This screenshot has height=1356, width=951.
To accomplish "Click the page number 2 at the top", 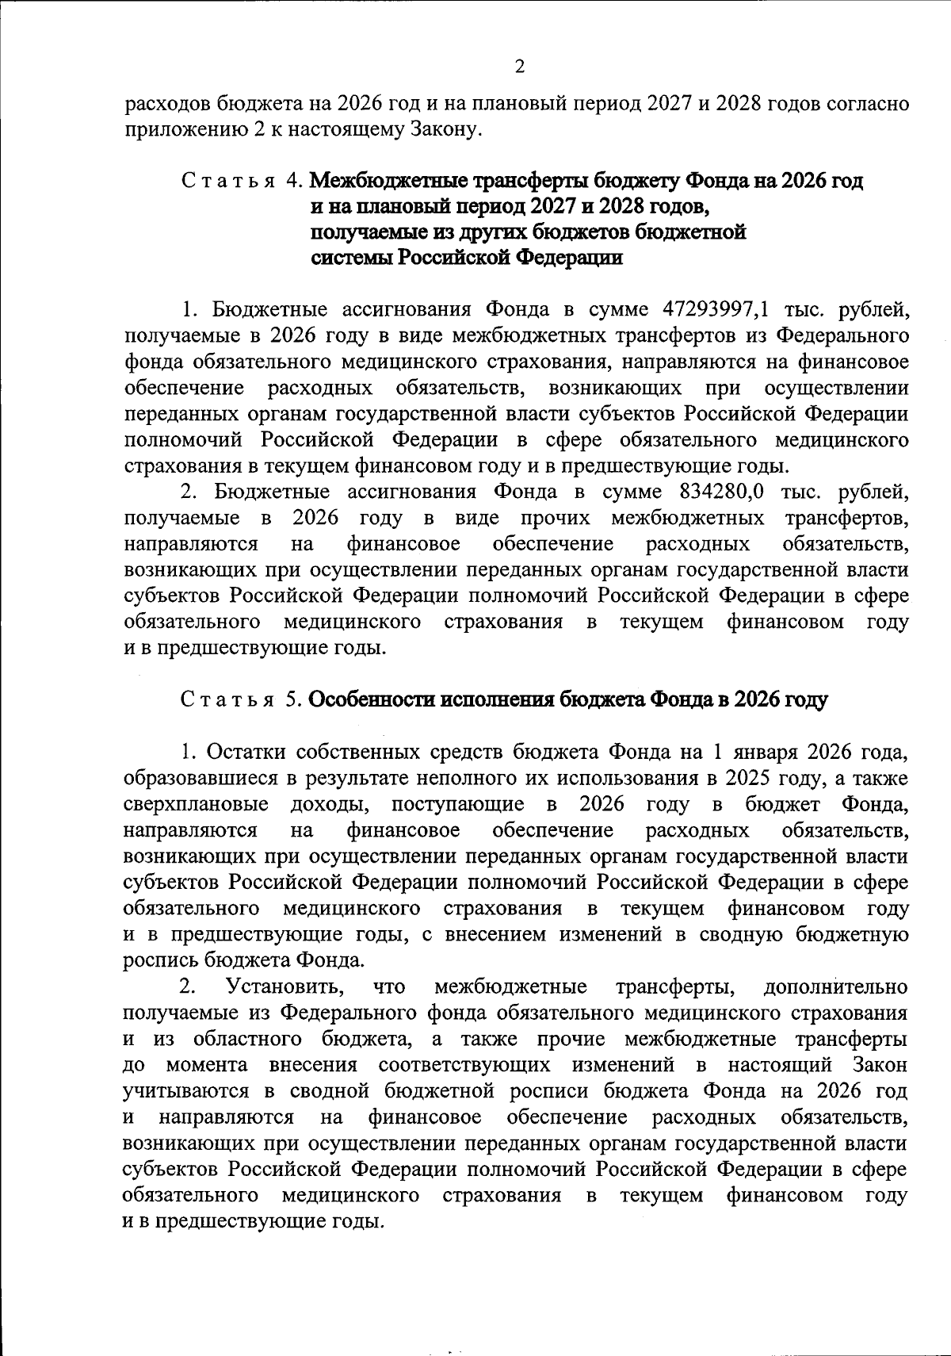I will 519,67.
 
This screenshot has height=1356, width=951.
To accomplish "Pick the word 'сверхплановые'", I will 196,804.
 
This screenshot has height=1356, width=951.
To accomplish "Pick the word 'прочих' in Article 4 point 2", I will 555,519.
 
